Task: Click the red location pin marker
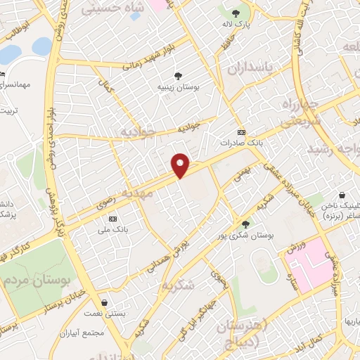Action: click(181, 165)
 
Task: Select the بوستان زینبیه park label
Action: click(178, 87)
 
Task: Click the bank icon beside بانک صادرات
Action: click(242, 131)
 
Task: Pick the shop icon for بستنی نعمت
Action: click(104, 303)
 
